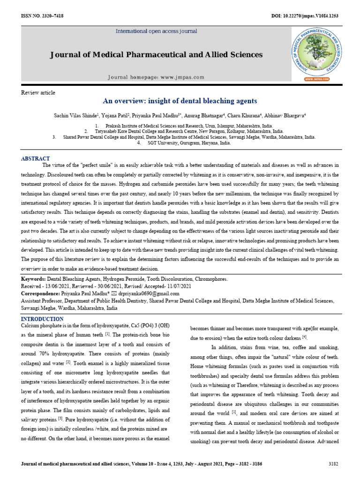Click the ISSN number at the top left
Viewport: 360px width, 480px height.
pyautogui.click(x=42, y=16)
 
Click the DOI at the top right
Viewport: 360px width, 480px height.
pyautogui.click(x=305, y=16)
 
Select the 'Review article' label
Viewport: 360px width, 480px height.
pyautogui.click(x=38, y=93)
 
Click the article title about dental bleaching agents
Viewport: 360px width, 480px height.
pyautogui.click(x=180, y=101)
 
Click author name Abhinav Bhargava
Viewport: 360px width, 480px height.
pyautogui.click(x=285, y=115)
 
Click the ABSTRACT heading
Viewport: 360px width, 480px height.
pyautogui.click(x=36, y=158)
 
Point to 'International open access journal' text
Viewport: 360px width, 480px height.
pyautogui.click(x=157, y=31)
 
